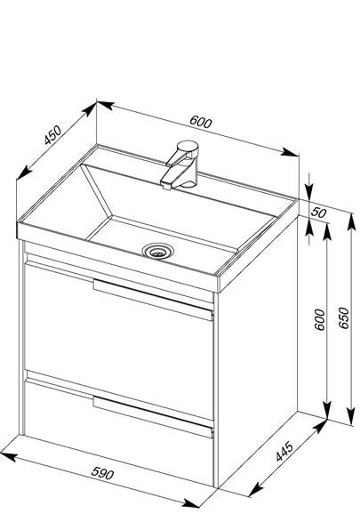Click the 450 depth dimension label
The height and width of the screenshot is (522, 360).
(x=53, y=135)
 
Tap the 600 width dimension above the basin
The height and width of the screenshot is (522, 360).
(x=200, y=122)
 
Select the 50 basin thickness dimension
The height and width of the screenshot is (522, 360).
(x=319, y=212)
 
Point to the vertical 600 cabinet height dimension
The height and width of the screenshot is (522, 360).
(x=319, y=319)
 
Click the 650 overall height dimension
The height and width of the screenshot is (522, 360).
(x=344, y=318)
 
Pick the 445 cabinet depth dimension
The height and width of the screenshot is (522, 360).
(x=284, y=452)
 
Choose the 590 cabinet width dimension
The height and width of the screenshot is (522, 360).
(x=102, y=473)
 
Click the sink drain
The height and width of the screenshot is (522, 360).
(x=157, y=252)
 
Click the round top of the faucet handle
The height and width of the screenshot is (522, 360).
(x=188, y=147)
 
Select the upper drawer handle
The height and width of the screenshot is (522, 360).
(x=153, y=300)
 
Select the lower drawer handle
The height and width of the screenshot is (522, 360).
(x=153, y=417)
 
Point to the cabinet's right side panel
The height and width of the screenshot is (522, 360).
(x=258, y=353)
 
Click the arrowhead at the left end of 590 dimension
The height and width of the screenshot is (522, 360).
(x=8, y=456)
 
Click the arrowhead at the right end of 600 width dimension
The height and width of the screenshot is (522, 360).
(x=290, y=152)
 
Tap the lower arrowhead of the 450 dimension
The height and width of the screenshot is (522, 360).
(x=23, y=173)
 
